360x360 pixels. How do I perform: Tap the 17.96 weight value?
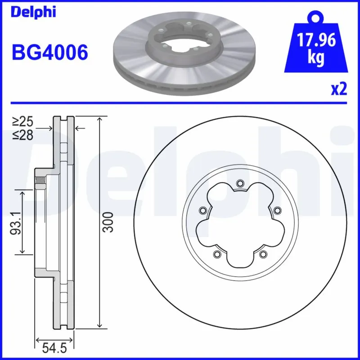316,40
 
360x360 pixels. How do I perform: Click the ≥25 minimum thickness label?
22,121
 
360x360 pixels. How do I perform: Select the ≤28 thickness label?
22,135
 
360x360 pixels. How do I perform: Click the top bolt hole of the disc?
239,183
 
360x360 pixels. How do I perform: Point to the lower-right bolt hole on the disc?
262,255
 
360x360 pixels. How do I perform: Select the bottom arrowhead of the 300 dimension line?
99,325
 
